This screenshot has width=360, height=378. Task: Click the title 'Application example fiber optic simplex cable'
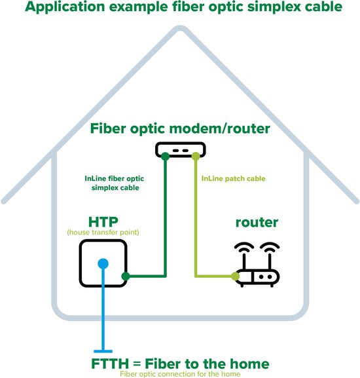click(180, 9)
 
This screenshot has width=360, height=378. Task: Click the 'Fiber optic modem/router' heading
click(180, 128)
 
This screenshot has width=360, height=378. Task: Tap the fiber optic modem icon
click(180, 151)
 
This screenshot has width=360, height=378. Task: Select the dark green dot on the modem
click(166, 155)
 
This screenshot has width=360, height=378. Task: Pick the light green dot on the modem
click(194, 155)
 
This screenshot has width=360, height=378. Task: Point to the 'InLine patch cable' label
click(233, 178)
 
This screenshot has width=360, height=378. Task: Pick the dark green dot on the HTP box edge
click(126, 276)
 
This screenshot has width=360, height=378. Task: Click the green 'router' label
click(257, 223)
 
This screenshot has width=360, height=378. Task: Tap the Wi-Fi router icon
click(257, 265)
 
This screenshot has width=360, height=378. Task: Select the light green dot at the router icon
click(236, 276)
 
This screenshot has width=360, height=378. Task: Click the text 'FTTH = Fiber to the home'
click(180, 363)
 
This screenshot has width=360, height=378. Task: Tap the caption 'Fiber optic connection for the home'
click(180, 373)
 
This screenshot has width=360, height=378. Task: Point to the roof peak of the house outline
click(180, 29)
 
